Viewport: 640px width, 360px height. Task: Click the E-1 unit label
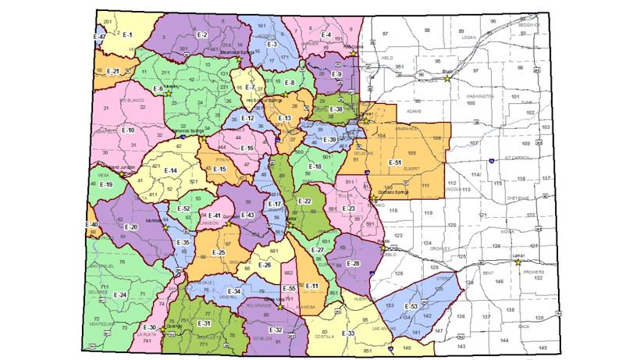coord(128,36)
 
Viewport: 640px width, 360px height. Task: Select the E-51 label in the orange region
coord(395,162)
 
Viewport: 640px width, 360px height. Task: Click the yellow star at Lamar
coord(518,262)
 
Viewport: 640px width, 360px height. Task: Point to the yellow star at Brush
coord(447,77)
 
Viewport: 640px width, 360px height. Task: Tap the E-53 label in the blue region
coord(411,306)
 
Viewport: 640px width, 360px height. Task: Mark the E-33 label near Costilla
coord(347,333)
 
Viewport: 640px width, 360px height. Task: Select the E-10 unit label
coord(129,130)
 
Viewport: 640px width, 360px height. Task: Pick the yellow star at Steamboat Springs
coord(238,58)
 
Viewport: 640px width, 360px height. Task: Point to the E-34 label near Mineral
coord(235,291)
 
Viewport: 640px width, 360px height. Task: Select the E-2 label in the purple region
coord(201,34)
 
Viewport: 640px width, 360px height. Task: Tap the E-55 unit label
coord(289,288)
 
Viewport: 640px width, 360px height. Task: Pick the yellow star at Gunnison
coord(229,223)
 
